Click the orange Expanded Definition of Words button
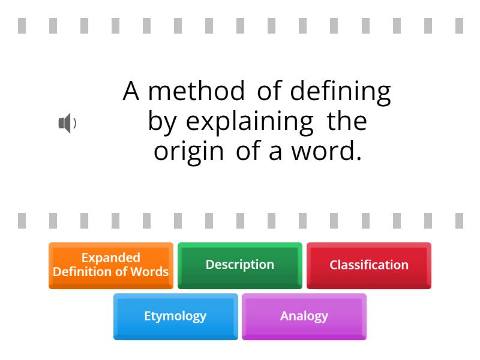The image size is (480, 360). (110, 265)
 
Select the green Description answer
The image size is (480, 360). (239, 265)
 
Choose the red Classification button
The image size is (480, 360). (368, 265)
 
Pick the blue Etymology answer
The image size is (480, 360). (175, 316)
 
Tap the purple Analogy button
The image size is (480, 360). (304, 316)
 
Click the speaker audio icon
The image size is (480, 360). (67, 123)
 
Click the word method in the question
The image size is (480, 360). (196, 91)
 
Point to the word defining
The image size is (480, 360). (340, 92)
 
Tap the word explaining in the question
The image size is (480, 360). (250, 122)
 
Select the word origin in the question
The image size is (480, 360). (188, 152)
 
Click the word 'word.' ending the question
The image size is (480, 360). (327, 151)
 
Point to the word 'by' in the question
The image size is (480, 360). (162, 122)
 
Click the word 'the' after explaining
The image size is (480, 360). (347, 121)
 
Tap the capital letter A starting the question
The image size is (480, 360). (131, 91)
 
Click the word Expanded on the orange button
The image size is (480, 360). (110, 258)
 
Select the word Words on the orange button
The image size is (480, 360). (151, 272)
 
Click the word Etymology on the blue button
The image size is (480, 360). (175, 316)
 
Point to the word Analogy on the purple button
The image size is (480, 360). (304, 316)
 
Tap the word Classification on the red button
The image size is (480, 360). (368, 265)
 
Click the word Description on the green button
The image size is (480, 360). (239, 265)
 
